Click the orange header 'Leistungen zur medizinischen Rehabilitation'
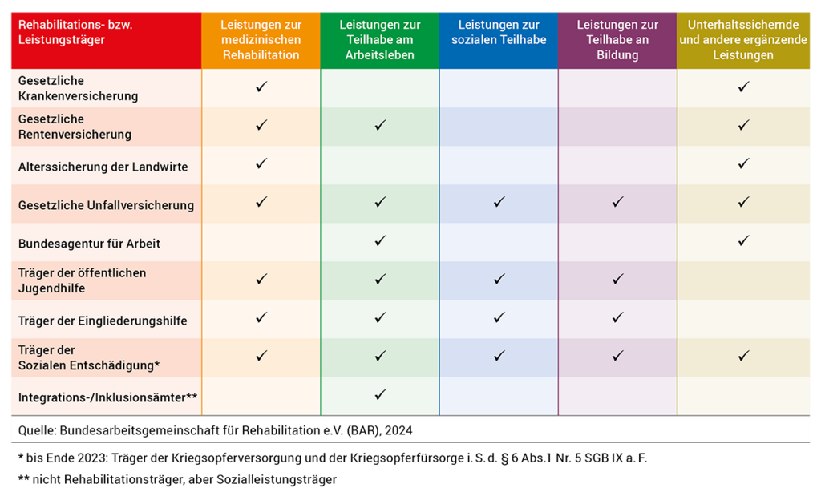pos(261,40)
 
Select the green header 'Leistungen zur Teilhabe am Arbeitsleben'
pos(379,40)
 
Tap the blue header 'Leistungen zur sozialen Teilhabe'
pos(498,33)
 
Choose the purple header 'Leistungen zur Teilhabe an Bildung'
pos(617,40)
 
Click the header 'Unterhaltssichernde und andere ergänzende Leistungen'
pos(742,40)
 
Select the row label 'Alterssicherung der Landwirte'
pos(103,167)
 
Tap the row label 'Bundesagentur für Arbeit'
pos(89,243)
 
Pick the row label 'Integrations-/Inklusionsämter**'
pos(107,397)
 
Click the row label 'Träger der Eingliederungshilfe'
pos(103,321)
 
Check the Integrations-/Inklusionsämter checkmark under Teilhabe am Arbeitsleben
pos(380,394)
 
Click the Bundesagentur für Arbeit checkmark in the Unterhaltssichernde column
pos(743,240)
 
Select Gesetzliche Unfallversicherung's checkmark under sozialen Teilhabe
pos(499,202)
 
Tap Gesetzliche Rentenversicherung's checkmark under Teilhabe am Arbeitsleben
pos(380,125)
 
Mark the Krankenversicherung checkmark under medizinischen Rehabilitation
pos(261,87)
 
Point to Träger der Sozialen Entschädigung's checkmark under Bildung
pos(617,356)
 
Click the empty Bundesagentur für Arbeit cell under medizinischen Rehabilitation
pos(261,242)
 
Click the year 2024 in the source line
pos(398,430)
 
